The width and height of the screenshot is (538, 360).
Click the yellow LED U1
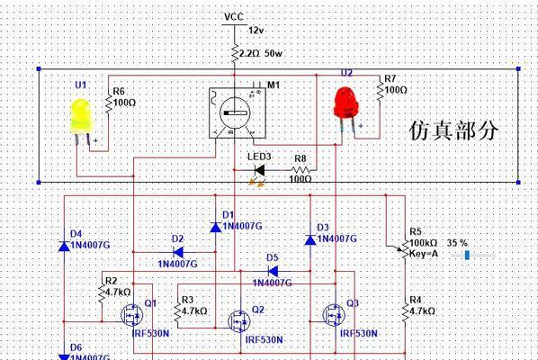(81, 117)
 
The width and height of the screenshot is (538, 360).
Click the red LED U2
(345, 103)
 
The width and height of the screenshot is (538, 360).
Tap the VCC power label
(234, 16)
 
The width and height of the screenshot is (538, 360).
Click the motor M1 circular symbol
(235, 112)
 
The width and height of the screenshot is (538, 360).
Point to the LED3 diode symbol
(259, 170)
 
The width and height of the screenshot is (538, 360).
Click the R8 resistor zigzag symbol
(300, 170)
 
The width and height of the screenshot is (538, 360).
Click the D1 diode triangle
(216, 227)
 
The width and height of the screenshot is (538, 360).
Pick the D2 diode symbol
(178, 252)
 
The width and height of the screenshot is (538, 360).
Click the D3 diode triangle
(310, 239)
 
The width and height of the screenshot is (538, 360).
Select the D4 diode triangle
(64, 246)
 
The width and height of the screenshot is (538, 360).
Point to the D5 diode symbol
(273, 272)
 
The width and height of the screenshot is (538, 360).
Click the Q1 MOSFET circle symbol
(132, 315)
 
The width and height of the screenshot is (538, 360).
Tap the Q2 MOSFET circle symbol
(239, 321)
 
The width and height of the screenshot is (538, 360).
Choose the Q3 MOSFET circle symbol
(334, 315)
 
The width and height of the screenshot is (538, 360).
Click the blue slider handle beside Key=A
(467, 255)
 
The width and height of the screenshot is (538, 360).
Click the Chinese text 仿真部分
(453, 130)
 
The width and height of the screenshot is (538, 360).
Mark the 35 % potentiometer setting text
(457, 243)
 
